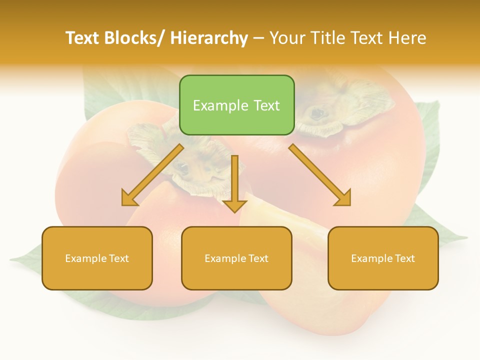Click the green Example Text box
[236, 105]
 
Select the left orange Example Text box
[97, 258]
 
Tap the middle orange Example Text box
[236, 258]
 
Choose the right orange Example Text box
[383, 258]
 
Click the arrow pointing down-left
[152, 175]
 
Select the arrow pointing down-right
[320, 175]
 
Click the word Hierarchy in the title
[209, 38]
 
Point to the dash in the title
[258, 38]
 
